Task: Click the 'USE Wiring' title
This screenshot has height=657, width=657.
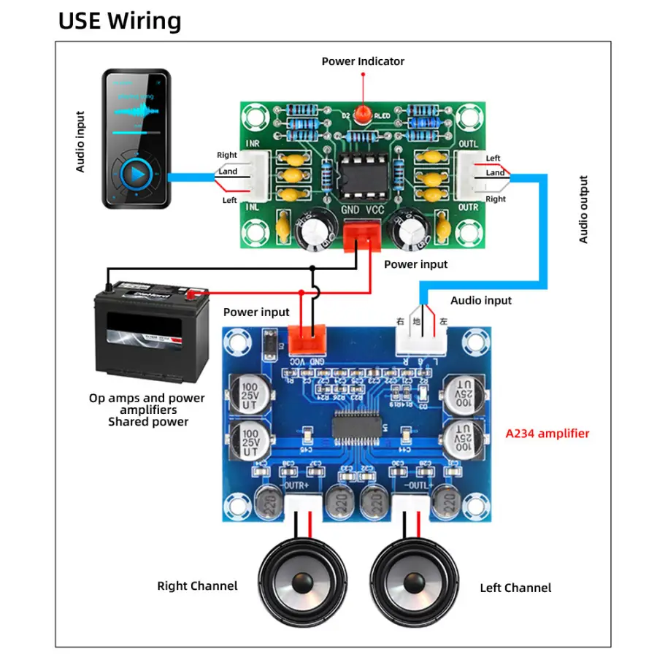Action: tap(120, 20)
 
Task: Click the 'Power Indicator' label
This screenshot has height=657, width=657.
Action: tap(363, 61)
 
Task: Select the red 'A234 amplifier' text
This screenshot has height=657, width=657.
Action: tap(547, 433)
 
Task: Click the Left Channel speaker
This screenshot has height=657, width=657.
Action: tap(410, 581)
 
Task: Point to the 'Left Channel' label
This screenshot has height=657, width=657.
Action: tap(515, 588)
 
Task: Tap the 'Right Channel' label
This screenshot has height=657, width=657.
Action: tap(197, 585)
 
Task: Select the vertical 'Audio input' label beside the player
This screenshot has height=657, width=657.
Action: tap(80, 142)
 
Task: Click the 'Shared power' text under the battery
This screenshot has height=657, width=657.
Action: tap(148, 421)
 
